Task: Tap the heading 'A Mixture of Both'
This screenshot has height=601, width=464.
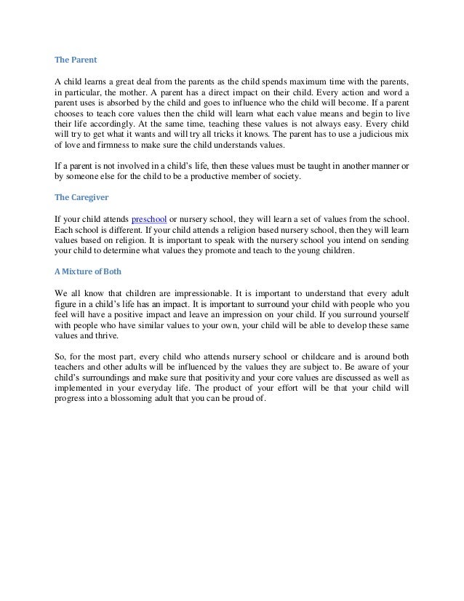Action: click(89, 272)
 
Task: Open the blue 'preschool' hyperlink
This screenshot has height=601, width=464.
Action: click(148, 219)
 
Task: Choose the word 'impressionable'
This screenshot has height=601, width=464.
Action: click(196, 294)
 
